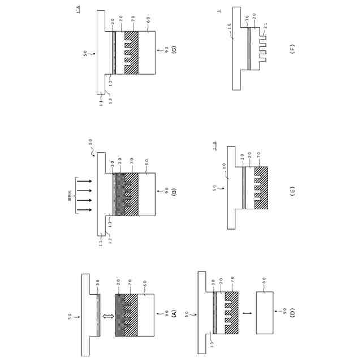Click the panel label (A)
[174, 313]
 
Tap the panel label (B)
[174, 192]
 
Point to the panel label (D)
[292, 313]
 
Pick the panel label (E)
[292, 192]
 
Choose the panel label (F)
[292, 50]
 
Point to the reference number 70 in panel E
[261, 157]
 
